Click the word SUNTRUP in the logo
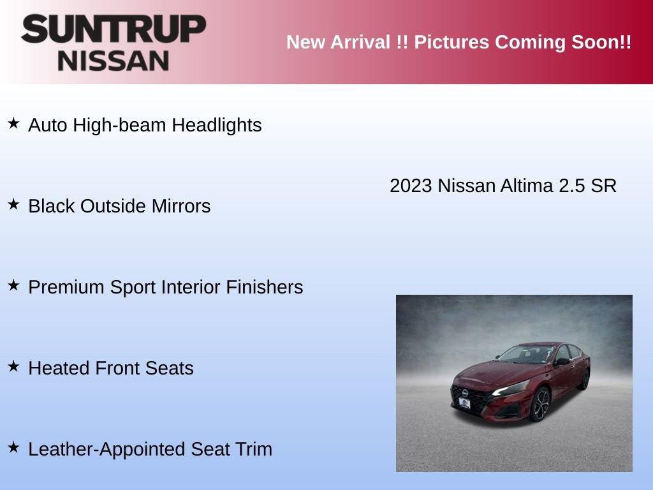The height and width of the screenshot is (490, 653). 114,29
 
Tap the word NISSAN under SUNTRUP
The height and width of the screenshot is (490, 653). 114,61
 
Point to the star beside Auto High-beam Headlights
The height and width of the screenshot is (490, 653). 13,123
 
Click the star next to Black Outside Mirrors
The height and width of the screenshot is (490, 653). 13,204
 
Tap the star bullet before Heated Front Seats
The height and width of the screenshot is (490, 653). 13,366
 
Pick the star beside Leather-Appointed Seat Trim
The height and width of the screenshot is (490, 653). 13,447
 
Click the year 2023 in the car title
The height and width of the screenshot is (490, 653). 411,186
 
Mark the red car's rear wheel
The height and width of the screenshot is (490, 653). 584,380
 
